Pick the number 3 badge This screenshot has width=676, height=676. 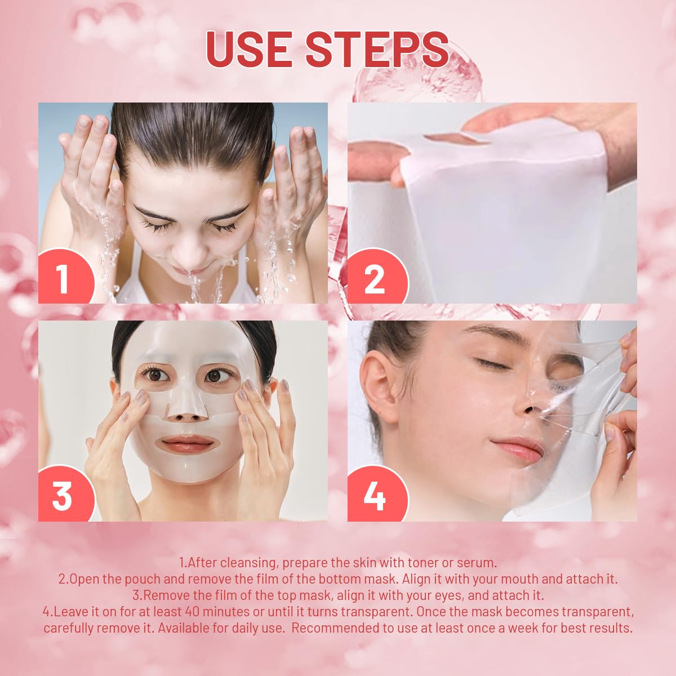pyautogui.click(x=62, y=496)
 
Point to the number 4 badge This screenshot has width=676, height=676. pyautogui.click(x=375, y=496)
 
